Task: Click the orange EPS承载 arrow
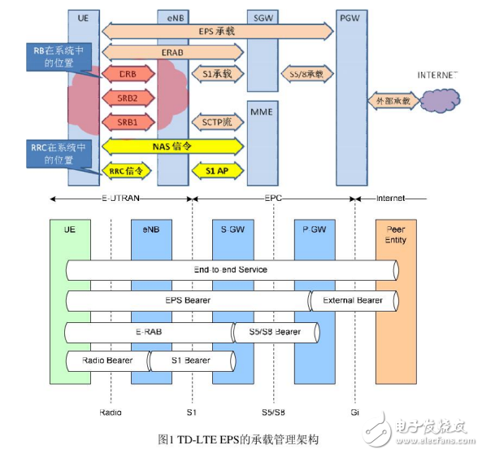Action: click(x=217, y=31)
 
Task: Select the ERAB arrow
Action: click(x=172, y=52)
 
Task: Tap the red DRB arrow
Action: click(x=128, y=74)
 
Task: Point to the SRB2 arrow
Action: click(x=128, y=98)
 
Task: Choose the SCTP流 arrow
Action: click(x=217, y=122)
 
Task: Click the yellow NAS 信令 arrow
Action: click(x=172, y=146)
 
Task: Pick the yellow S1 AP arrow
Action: click(x=217, y=171)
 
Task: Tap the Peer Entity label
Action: click(x=396, y=234)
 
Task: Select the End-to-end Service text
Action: click(x=231, y=269)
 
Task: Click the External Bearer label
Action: click(x=352, y=300)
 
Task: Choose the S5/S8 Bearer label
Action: click(x=275, y=331)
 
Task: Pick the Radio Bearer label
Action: click(x=106, y=359)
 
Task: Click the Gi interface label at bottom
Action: click(x=355, y=412)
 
